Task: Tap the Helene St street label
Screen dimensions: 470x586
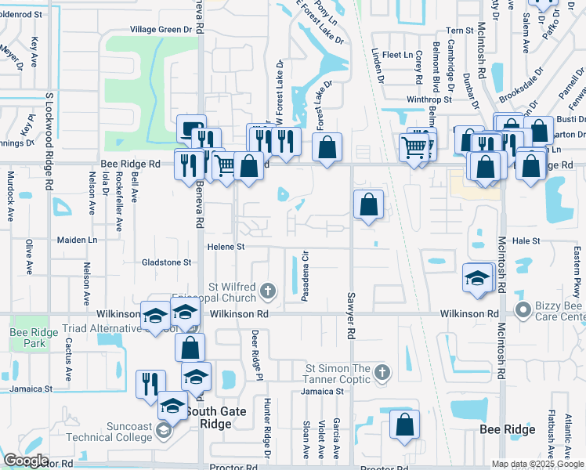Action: (226, 246)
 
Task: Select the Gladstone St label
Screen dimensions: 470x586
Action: (166, 262)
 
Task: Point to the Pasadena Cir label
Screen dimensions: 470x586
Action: (306, 276)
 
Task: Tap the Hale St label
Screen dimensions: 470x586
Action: (526, 241)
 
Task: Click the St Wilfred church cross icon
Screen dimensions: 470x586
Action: (268, 292)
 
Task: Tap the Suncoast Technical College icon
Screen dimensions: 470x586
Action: (162, 430)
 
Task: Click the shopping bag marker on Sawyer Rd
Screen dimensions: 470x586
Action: (368, 205)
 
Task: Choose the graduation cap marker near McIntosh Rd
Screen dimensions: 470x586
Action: (477, 278)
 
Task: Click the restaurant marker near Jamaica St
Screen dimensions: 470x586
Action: (150, 384)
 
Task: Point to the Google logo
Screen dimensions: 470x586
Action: (27, 460)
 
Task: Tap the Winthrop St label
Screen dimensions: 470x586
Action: (429, 99)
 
